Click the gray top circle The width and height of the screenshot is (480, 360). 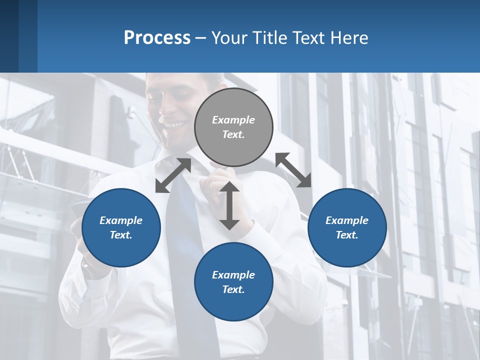click(x=233, y=127)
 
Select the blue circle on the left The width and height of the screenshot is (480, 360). click(x=121, y=227)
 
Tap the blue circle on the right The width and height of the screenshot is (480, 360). click(x=347, y=227)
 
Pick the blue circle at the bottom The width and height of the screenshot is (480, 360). click(x=233, y=282)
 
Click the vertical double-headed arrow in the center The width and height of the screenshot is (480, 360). click(x=229, y=205)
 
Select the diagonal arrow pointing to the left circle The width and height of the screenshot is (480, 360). click(x=173, y=175)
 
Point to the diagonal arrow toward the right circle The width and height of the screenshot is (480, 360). click(x=293, y=170)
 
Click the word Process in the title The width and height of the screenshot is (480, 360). click(x=157, y=37)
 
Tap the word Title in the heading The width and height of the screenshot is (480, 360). click(x=270, y=37)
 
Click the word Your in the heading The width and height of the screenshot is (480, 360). click(x=230, y=37)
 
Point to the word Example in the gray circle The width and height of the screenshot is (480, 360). click(x=233, y=120)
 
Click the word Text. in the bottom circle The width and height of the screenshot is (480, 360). click(x=233, y=289)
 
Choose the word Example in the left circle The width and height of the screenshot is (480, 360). click(x=121, y=220)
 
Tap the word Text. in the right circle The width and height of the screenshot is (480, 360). click(x=347, y=235)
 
